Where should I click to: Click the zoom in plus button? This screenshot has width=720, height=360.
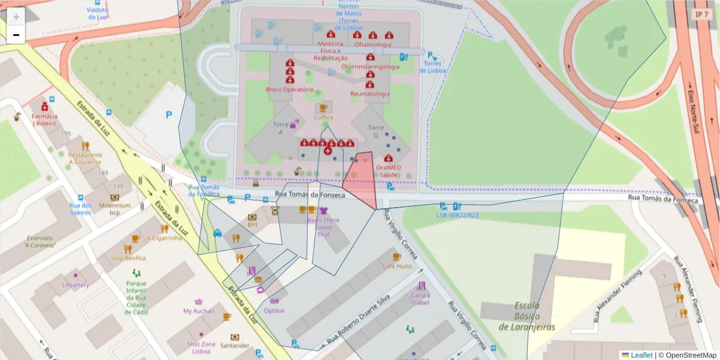16,17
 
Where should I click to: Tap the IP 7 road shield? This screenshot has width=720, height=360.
701,14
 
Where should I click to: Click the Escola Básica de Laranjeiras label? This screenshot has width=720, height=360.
527,316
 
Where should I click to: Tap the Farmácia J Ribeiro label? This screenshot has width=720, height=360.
44,119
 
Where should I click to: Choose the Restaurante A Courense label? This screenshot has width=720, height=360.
85,158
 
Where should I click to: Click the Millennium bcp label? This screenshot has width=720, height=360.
115,208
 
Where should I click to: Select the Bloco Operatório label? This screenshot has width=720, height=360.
290,89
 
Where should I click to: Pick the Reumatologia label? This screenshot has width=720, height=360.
370,94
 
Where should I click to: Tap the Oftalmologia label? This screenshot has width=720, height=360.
373,44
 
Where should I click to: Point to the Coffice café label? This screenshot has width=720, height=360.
323,117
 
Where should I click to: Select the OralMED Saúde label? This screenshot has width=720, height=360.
388,171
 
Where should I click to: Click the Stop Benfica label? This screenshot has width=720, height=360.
128,258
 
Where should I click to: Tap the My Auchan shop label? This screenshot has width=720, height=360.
199,311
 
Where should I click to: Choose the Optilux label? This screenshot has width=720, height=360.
274,310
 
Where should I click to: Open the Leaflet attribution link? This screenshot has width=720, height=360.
641,355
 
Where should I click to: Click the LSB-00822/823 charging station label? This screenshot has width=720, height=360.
457,215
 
